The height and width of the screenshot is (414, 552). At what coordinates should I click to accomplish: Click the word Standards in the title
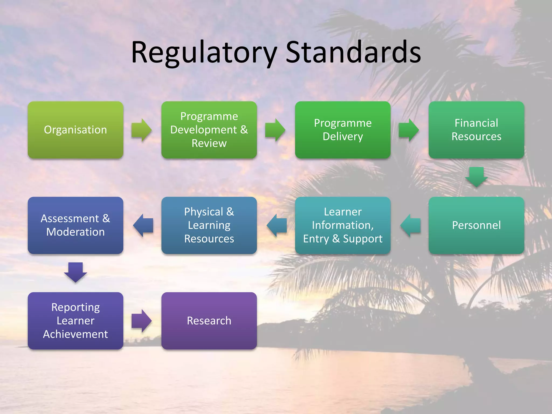[353, 53]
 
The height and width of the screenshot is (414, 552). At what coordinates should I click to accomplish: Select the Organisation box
[75, 130]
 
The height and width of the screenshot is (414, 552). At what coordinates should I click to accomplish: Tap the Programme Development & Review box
[209, 130]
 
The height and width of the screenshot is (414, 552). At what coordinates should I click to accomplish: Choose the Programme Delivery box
[343, 130]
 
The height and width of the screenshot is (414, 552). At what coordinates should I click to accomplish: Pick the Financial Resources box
[476, 130]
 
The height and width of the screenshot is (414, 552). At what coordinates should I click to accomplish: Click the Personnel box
[476, 225]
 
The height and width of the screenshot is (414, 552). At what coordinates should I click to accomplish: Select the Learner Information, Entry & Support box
[343, 225]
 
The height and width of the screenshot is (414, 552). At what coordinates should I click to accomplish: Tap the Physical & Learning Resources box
[209, 225]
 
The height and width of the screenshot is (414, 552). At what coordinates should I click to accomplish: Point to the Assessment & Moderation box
[75, 225]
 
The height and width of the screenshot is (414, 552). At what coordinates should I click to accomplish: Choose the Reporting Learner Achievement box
[75, 321]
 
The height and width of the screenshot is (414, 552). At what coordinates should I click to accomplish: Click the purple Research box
[209, 321]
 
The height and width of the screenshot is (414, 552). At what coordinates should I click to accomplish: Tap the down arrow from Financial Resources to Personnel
[476, 177]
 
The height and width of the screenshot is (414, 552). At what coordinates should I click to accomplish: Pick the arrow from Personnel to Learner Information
[410, 225]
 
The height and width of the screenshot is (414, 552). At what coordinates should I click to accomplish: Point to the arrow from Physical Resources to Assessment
[143, 225]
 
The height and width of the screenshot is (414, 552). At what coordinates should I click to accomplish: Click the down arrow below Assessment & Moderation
[75, 272]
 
